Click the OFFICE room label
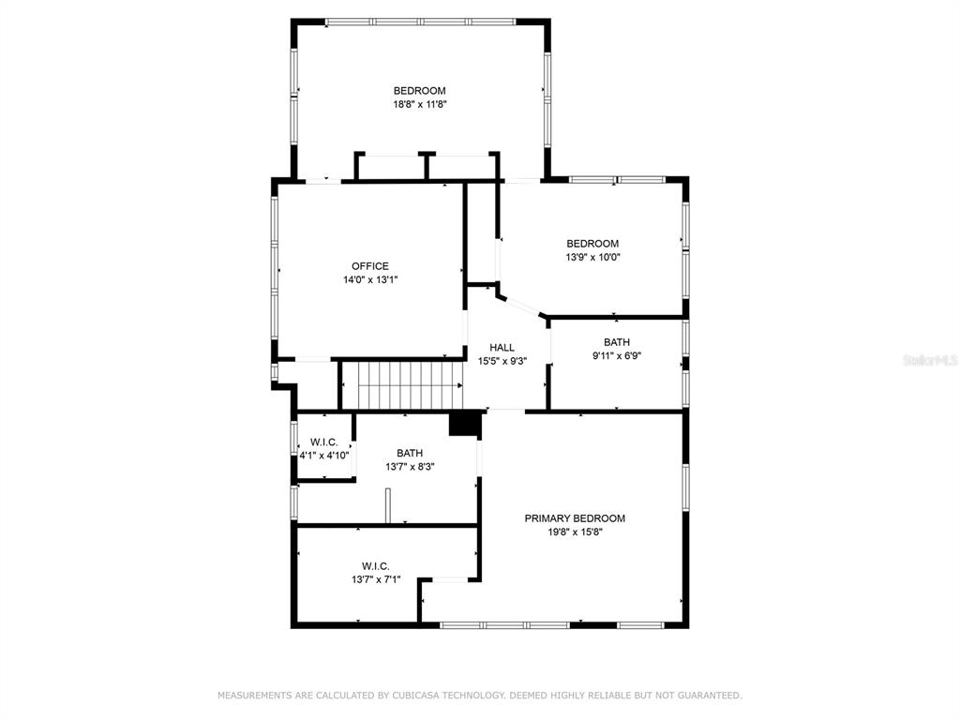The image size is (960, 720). click(x=369, y=266)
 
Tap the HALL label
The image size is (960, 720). click(x=502, y=348)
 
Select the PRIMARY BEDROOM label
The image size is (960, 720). click(x=575, y=518)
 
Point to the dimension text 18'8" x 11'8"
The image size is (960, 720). click(x=419, y=105)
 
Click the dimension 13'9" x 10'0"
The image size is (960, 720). click(x=592, y=257)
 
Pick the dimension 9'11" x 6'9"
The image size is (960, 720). click(x=617, y=355)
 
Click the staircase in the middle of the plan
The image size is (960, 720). click(x=401, y=385)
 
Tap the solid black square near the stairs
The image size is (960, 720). click(x=465, y=424)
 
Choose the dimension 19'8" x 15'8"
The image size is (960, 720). click(x=575, y=532)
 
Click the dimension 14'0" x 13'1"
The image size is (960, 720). click(x=370, y=279)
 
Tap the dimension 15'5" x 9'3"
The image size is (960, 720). click(x=502, y=361)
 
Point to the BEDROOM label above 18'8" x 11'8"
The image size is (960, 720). click(x=419, y=91)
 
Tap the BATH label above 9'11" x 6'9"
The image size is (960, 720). click(x=617, y=342)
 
